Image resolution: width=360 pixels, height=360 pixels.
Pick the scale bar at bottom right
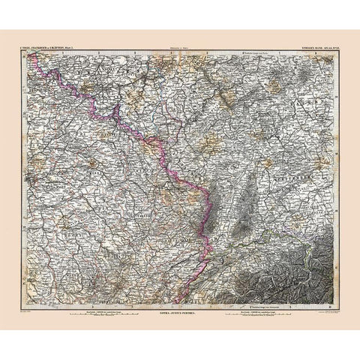(247, 294)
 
